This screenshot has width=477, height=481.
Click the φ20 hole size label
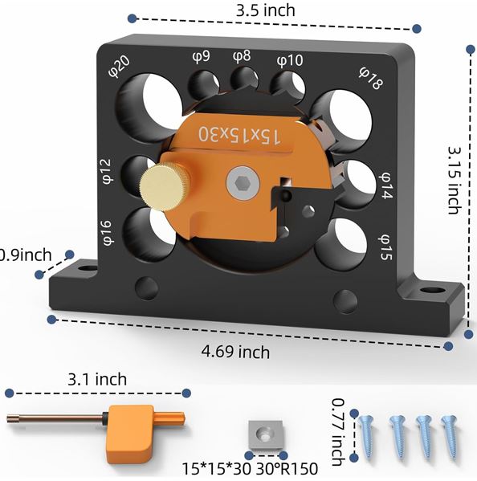tap(120, 67)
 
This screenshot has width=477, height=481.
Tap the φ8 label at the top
tap(242, 56)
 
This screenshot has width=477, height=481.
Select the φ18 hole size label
tap(371, 78)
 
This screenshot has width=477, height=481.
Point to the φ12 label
tap(107, 171)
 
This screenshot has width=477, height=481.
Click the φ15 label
tap(385, 247)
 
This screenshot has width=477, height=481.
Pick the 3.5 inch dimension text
tap(265, 10)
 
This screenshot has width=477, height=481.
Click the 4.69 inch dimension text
tap(235, 352)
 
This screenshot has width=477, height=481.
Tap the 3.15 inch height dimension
tap(455, 181)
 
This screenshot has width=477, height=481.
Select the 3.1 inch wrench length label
tap(97, 380)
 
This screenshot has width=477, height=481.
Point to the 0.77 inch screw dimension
tap(339, 432)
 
